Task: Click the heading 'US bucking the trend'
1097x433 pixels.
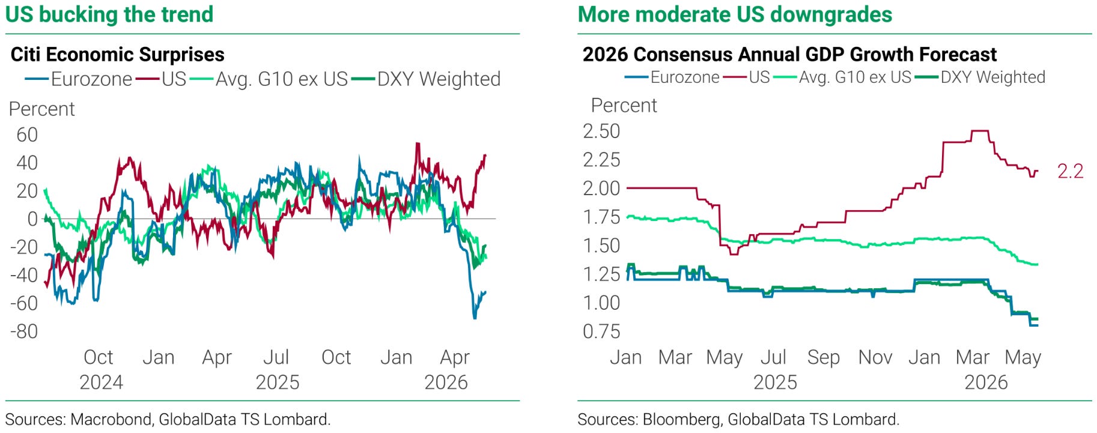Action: pyautogui.click(x=109, y=14)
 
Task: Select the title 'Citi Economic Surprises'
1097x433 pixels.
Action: pyautogui.click(x=118, y=54)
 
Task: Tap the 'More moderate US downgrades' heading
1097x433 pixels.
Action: pyautogui.click(x=735, y=14)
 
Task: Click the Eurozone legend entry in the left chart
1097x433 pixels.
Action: pyautogui.click(x=79, y=79)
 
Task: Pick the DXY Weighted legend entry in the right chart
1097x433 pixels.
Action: pyautogui.click(x=980, y=77)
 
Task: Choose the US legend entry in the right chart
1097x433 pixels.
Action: pyautogui.click(x=747, y=77)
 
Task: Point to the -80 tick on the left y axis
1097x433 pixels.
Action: pyautogui.click(x=24, y=331)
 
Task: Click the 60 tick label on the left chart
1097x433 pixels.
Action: pyautogui.click(x=27, y=135)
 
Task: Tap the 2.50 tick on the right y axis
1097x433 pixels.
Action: pyautogui.click(x=601, y=131)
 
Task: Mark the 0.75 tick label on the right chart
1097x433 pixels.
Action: pyautogui.click(x=601, y=331)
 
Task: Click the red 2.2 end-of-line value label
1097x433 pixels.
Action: pyautogui.click(x=1071, y=171)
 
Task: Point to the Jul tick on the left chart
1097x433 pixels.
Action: pyautogui.click(x=276, y=357)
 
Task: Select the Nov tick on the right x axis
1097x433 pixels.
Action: pyautogui.click(x=875, y=357)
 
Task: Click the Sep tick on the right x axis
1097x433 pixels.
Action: pyautogui.click(x=824, y=358)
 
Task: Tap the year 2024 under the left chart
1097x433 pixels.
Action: pyautogui.click(x=101, y=382)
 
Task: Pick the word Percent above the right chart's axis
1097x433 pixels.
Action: pyautogui.click(x=624, y=105)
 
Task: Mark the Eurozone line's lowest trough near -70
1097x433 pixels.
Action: pyautogui.click(x=475, y=318)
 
